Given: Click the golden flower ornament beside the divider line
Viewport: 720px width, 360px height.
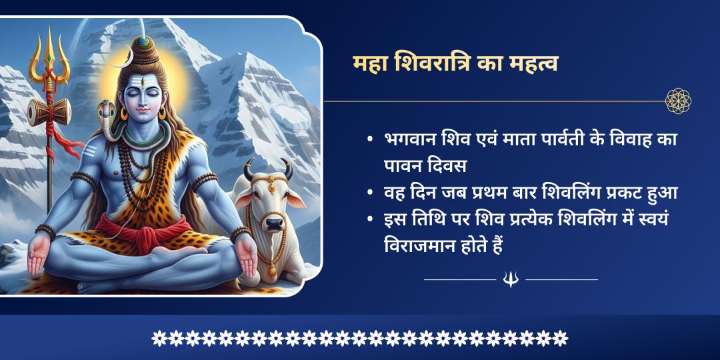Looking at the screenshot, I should pyautogui.click(x=678, y=101).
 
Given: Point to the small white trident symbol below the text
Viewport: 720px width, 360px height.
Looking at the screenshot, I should pyautogui.click(x=511, y=279).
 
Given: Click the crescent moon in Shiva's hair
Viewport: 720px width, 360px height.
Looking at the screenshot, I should pyautogui.click(x=120, y=63).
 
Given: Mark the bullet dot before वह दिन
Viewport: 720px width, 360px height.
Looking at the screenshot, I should pyautogui.click(x=369, y=193).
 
